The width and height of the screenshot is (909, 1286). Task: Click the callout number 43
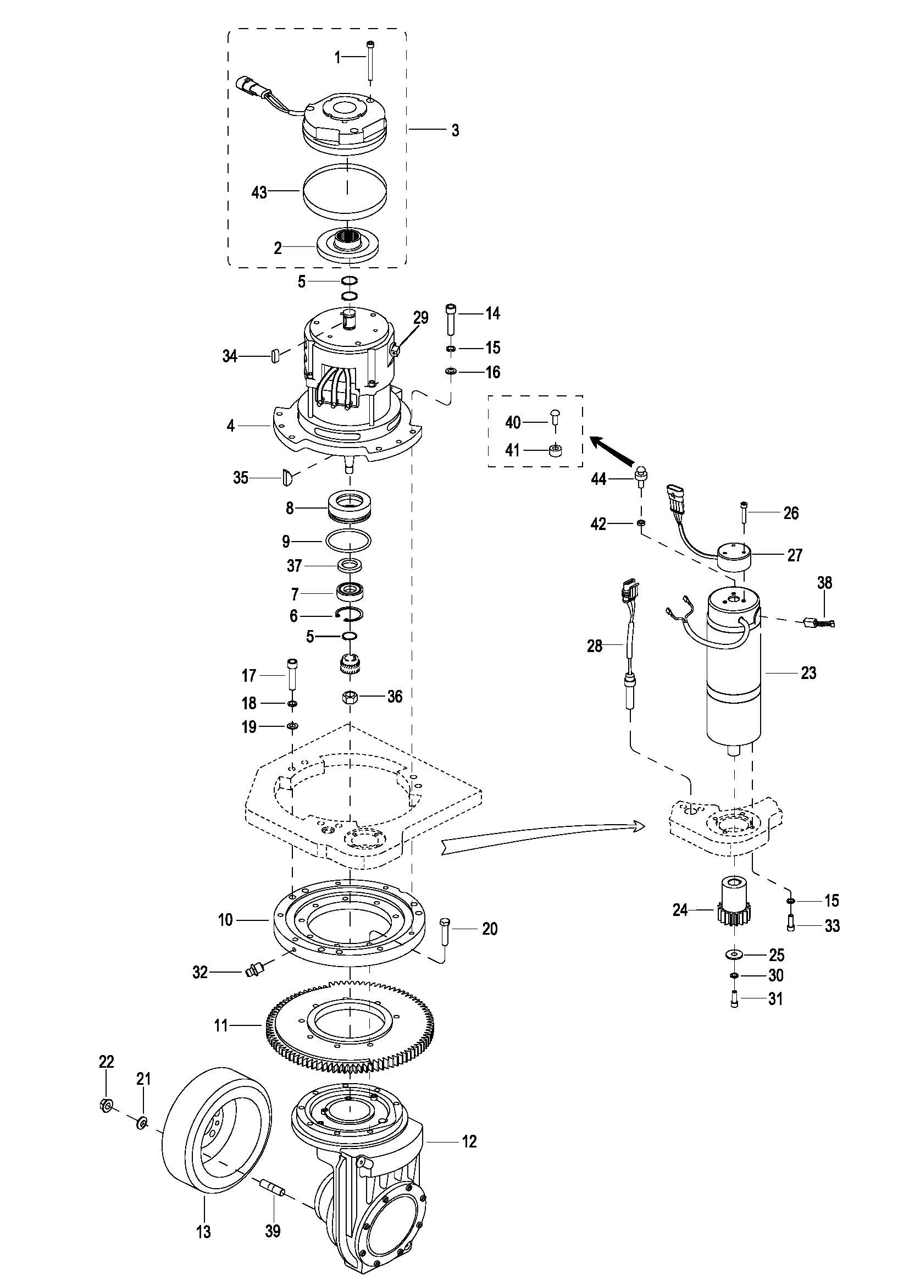[260, 192]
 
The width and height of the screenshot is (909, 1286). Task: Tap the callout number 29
[420, 318]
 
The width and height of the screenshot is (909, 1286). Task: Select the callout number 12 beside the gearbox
[469, 1141]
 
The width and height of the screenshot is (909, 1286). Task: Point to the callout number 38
[824, 582]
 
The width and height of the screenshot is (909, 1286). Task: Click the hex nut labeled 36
[350, 697]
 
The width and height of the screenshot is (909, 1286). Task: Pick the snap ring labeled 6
[351, 615]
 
